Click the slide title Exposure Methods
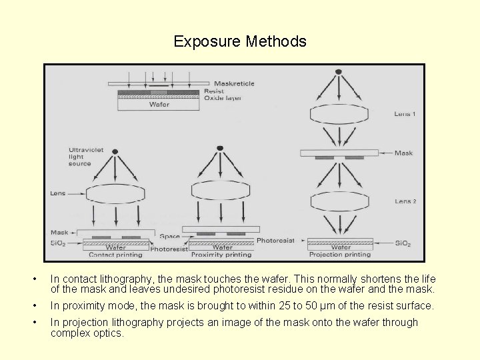tap(240, 41)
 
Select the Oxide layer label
tap(223, 98)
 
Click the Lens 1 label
tap(405, 114)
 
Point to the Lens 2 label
tap(405, 201)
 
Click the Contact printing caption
tap(115, 255)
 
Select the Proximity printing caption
tap(221, 255)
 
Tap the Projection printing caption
tap(340, 255)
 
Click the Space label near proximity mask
tap(169, 237)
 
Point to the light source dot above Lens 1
tap(339, 71)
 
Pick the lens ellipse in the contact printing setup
tap(115, 194)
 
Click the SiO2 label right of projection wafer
tap(403, 243)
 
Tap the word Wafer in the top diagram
tap(159, 105)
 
